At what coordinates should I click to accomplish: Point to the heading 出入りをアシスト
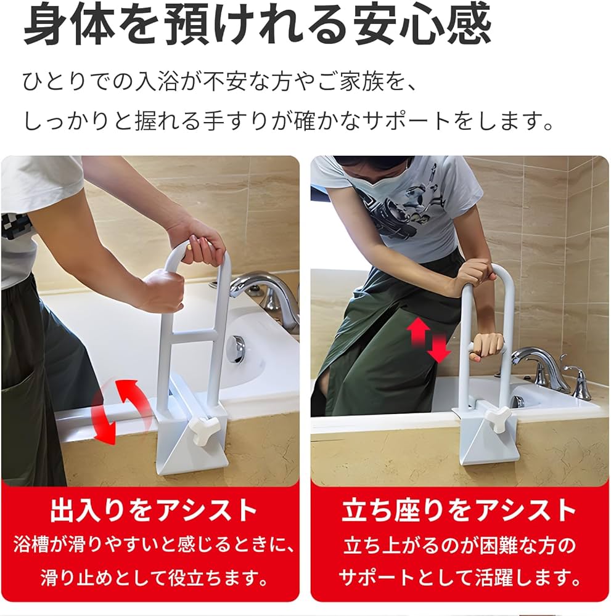(153, 511)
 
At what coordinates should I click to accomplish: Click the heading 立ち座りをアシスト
(459, 511)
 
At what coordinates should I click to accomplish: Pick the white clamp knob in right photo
(497, 419)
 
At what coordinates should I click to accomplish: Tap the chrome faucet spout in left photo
(259, 286)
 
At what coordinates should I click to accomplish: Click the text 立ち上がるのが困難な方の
(459, 545)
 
